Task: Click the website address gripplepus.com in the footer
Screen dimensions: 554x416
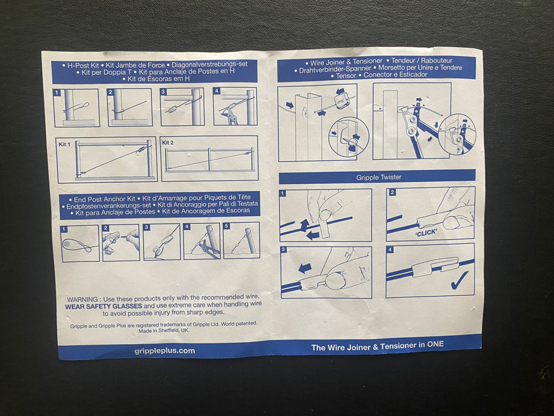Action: [x=164, y=351]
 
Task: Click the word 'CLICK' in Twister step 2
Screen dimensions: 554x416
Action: [x=426, y=233]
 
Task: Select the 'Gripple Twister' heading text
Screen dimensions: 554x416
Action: [x=378, y=177]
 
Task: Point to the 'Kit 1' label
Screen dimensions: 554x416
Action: [x=64, y=144]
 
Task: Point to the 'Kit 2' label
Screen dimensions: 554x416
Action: [x=168, y=143]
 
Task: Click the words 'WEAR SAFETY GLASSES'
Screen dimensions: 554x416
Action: [x=103, y=306]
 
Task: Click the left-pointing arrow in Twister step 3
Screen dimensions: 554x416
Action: [x=305, y=267]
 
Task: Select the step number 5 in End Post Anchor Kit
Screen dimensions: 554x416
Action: [x=226, y=226]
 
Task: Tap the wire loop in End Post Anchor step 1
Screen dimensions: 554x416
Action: [x=77, y=245]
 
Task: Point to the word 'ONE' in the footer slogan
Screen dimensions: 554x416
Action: [x=435, y=344]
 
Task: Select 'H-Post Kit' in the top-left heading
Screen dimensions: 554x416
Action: [x=83, y=65]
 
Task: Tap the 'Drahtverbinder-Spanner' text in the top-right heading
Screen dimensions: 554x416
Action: [x=335, y=70]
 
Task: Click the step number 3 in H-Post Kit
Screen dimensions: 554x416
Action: [x=163, y=92]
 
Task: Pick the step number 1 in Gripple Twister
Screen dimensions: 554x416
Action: [x=283, y=194]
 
